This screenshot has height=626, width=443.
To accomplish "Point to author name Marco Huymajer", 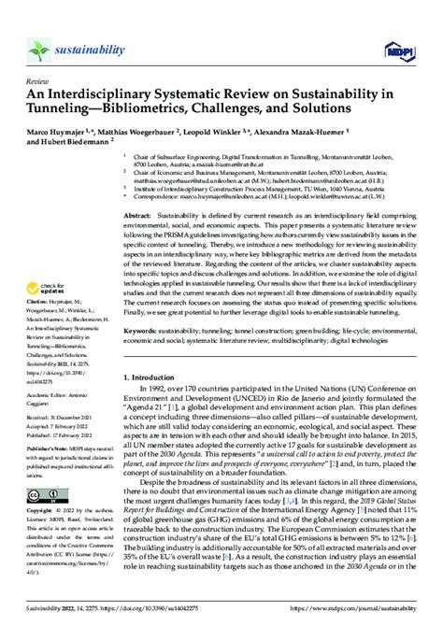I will (x=64, y=133).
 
